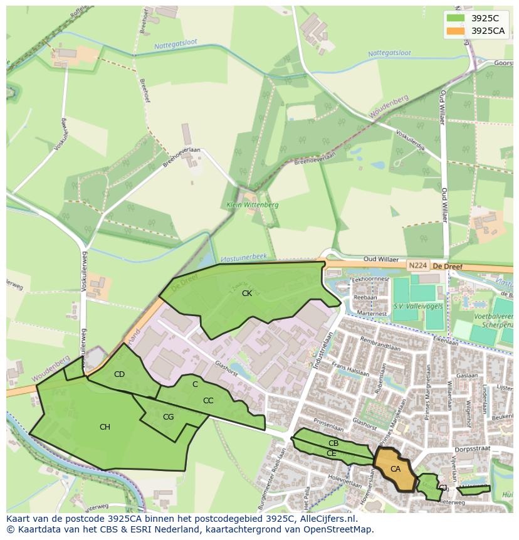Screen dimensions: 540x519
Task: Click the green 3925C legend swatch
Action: (x=456, y=18)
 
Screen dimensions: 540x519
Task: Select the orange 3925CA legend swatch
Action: (x=456, y=31)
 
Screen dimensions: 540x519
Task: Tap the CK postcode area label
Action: (x=247, y=293)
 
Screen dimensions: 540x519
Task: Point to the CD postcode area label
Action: (x=119, y=374)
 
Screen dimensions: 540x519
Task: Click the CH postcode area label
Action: (x=105, y=427)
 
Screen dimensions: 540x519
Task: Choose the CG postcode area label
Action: (x=168, y=417)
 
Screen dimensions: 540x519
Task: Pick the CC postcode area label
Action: (x=208, y=401)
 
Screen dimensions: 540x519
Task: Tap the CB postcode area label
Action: (x=333, y=443)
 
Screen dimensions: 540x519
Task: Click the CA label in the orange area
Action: (x=396, y=469)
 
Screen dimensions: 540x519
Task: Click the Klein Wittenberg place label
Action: (x=253, y=205)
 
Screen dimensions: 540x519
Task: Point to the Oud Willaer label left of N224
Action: (x=382, y=258)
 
